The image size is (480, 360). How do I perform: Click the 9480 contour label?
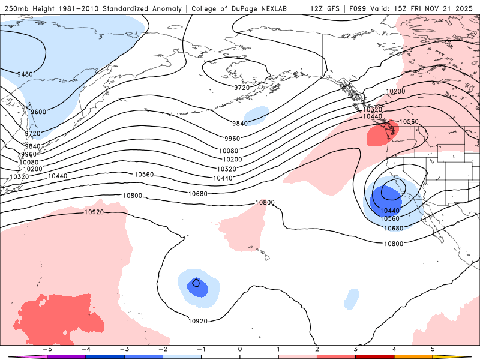[25, 74]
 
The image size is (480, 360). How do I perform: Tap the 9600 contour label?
[38, 112]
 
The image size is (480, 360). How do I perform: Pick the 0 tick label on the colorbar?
[239, 348]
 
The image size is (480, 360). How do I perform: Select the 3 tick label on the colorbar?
[356, 348]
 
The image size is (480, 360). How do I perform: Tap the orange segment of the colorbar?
[414, 356]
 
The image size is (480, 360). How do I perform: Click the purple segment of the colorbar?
[66, 356]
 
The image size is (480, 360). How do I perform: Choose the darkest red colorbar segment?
[375, 356]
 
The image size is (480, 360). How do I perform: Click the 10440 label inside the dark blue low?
[390, 211]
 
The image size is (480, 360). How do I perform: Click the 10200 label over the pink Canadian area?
[395, 92]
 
